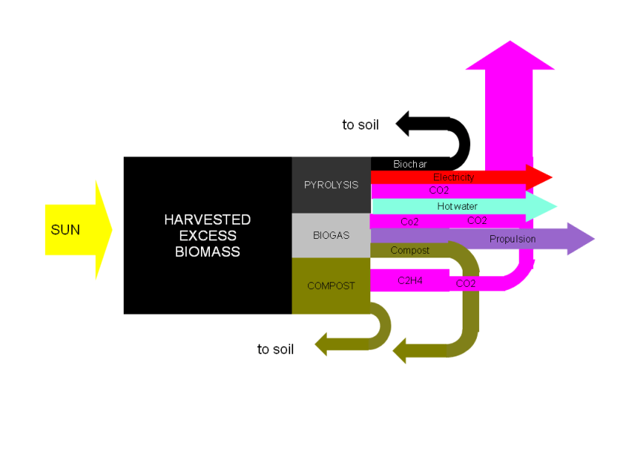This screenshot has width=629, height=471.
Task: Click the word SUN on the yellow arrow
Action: [65, 230]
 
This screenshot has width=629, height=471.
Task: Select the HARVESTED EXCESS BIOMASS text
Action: [207, 235]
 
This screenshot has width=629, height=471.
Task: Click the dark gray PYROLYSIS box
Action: [331, 185]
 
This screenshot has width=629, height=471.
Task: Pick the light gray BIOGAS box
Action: [331, 235]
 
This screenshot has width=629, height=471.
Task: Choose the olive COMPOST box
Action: [331, 285]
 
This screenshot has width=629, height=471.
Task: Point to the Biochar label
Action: [409, 164]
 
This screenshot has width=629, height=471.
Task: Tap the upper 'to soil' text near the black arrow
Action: [360, 125]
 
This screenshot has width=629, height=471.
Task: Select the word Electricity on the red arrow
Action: [454, 177]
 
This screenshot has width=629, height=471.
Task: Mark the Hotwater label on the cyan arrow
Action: [457, 206]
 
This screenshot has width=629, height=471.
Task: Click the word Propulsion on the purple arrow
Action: [513, 240]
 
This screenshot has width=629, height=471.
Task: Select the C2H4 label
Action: [410, 281]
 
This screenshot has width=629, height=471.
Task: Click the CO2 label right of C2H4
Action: [466, 284]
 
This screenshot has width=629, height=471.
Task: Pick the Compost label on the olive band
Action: [409, 250]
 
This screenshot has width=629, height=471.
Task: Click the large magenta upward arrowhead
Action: [510, 56]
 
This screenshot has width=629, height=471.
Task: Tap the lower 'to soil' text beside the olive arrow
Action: [275, 350]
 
